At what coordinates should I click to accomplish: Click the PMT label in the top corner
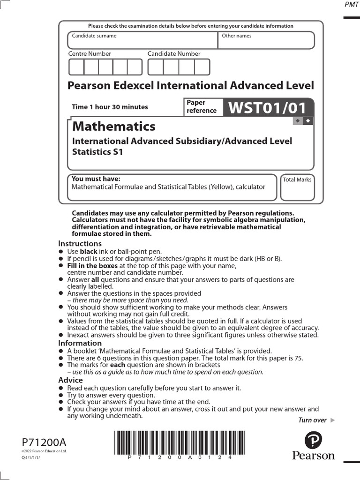pos(351,5)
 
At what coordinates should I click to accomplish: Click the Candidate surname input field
pos(142,40)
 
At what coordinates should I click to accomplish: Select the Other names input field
pos(266,40)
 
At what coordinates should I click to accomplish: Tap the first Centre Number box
pos(76,67)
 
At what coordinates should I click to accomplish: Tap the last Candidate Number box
pos(202,67)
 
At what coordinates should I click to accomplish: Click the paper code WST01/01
pos(267,108)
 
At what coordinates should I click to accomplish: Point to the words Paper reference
pos(202,107)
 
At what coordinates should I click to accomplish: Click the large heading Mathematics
pos(113,126)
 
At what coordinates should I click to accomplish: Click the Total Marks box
pos(297,187)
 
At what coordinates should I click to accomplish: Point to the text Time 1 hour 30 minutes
pos(110,107)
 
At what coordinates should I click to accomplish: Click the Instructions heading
pos(80,244)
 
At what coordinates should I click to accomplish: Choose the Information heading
pos(80,343)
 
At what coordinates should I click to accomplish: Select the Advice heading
pos(70,380)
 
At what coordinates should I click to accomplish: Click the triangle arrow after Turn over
pos(333,420)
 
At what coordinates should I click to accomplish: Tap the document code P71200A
pos(44,442)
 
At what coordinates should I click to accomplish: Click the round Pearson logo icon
pos(313,441)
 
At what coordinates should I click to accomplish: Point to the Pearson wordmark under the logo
pos(314,456)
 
